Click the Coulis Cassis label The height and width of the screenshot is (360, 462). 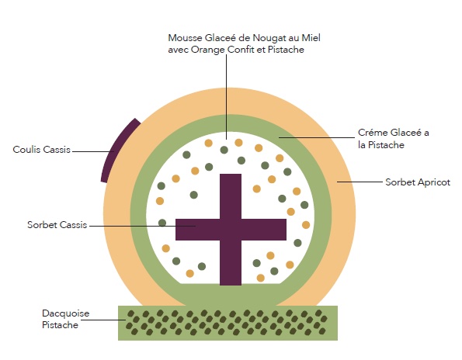(x=42, y=150)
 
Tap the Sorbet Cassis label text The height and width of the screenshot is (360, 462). (x=57, y=225)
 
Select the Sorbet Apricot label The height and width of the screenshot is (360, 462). (x=418, y=182)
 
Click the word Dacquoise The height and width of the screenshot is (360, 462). (x=65, y=313)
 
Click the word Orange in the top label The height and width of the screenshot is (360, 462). (x=208, y=50)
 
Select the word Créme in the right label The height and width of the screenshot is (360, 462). (x=373, y=133)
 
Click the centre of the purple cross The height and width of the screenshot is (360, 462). (x=231, y=230)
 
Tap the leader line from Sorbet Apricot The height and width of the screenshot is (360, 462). (x=360, y=182)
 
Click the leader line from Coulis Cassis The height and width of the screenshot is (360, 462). (x=93, y=151)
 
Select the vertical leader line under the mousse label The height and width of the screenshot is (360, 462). (x=226, y=97)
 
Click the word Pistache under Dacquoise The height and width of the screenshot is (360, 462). (x=60, y=325)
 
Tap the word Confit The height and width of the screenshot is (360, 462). (x=241, y=50)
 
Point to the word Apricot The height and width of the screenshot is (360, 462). (x=434, y=182)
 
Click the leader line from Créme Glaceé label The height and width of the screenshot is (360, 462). (x=317, y=137)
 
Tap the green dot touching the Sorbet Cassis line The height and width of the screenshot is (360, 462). (x=162, y=223)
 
